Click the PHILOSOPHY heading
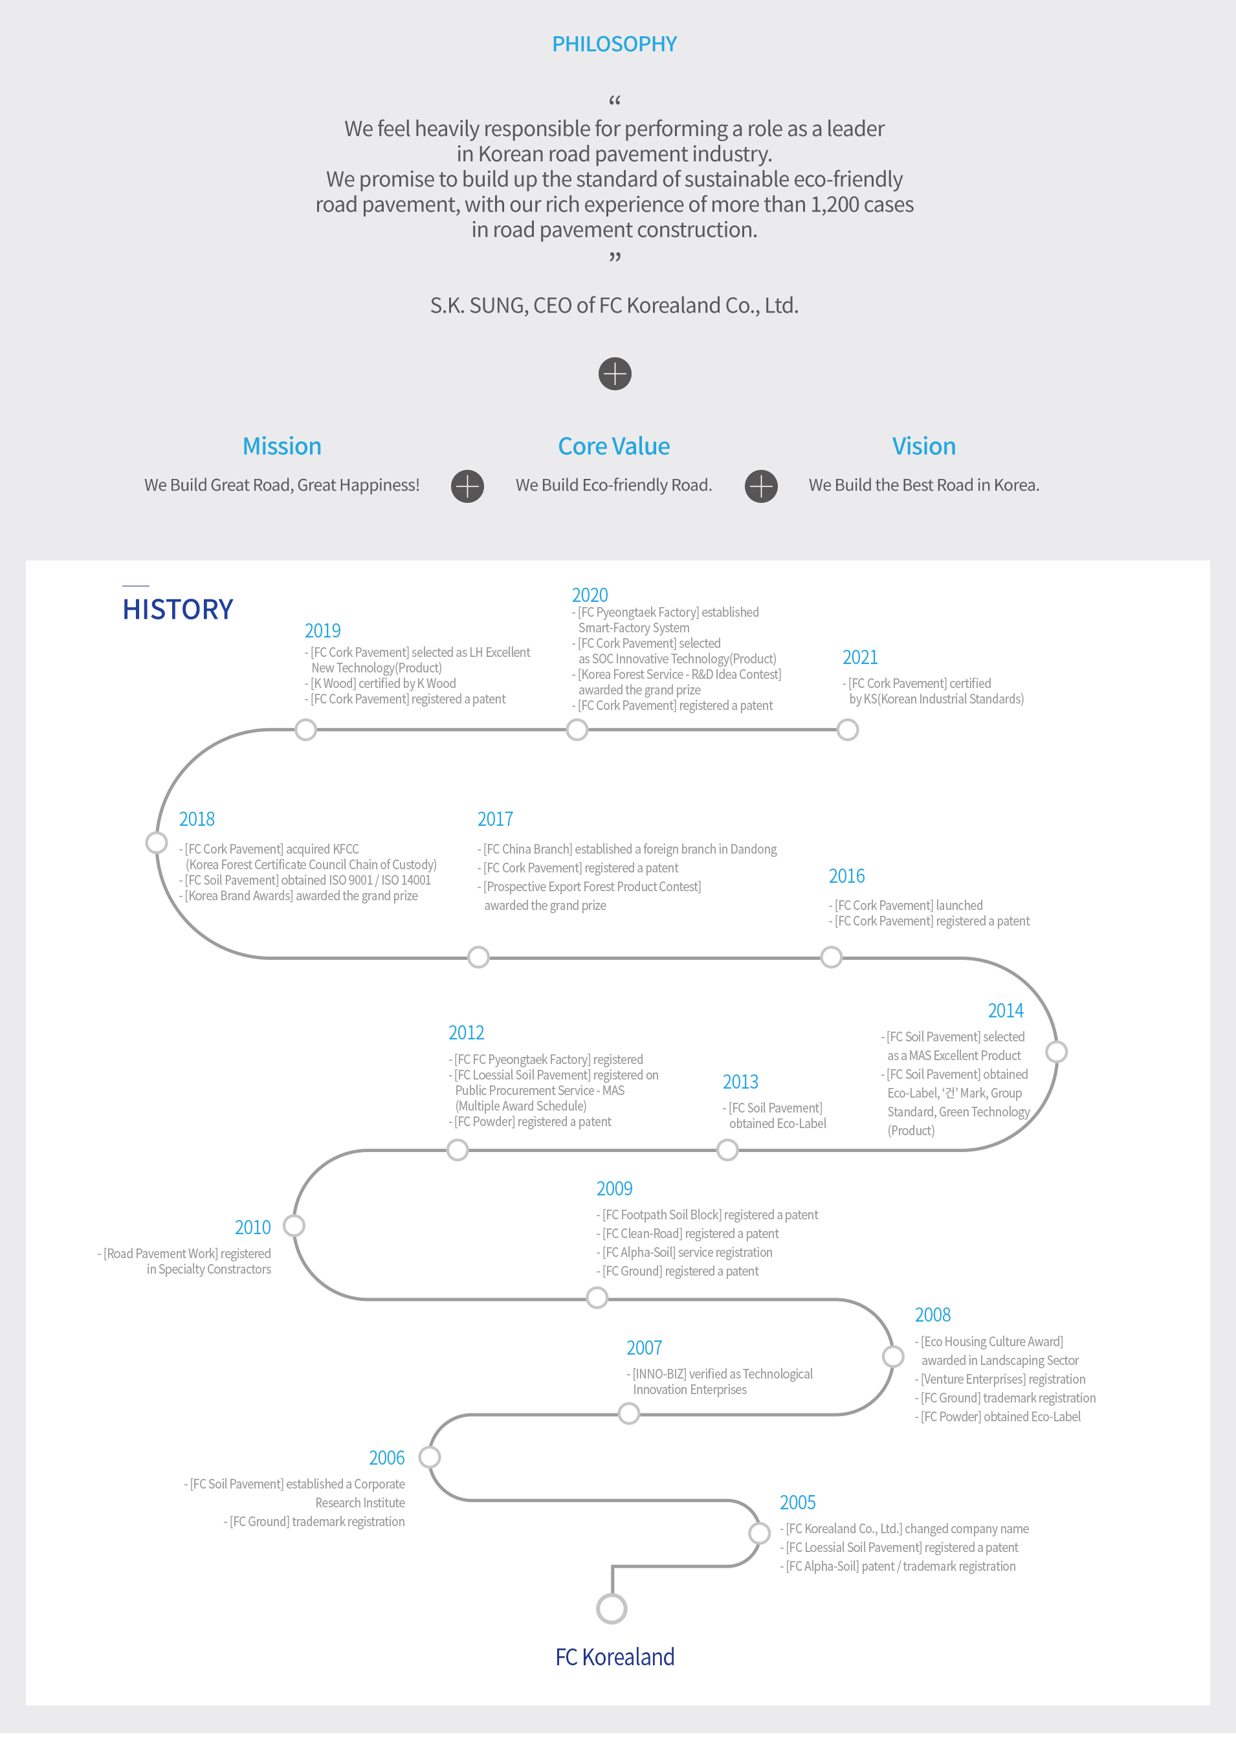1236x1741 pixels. tap(614, 44)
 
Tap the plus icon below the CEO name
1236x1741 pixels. tap(615, 374)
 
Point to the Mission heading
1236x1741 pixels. tap(281, 446)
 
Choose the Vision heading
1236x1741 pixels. tap(924, 446)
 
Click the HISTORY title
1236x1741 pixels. tap(177, 610)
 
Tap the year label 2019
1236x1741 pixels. tap(323, 631)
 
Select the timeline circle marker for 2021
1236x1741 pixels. tap(848, 730)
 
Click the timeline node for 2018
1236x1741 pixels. tap(157, 843)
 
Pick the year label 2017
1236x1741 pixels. tap(496, 819)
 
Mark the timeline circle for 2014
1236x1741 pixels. tap(1056, 1052)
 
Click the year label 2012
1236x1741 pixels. tap(467, 1033)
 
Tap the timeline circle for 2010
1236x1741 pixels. tap(294, 1226)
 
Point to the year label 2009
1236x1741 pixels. tap(615, 1189)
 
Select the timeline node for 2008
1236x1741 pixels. tap(893, 1357)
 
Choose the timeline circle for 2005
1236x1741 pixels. tap(759, 1533)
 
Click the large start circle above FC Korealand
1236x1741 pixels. tap(612, 1610)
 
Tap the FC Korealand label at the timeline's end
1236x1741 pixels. tap(615, 1658)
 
